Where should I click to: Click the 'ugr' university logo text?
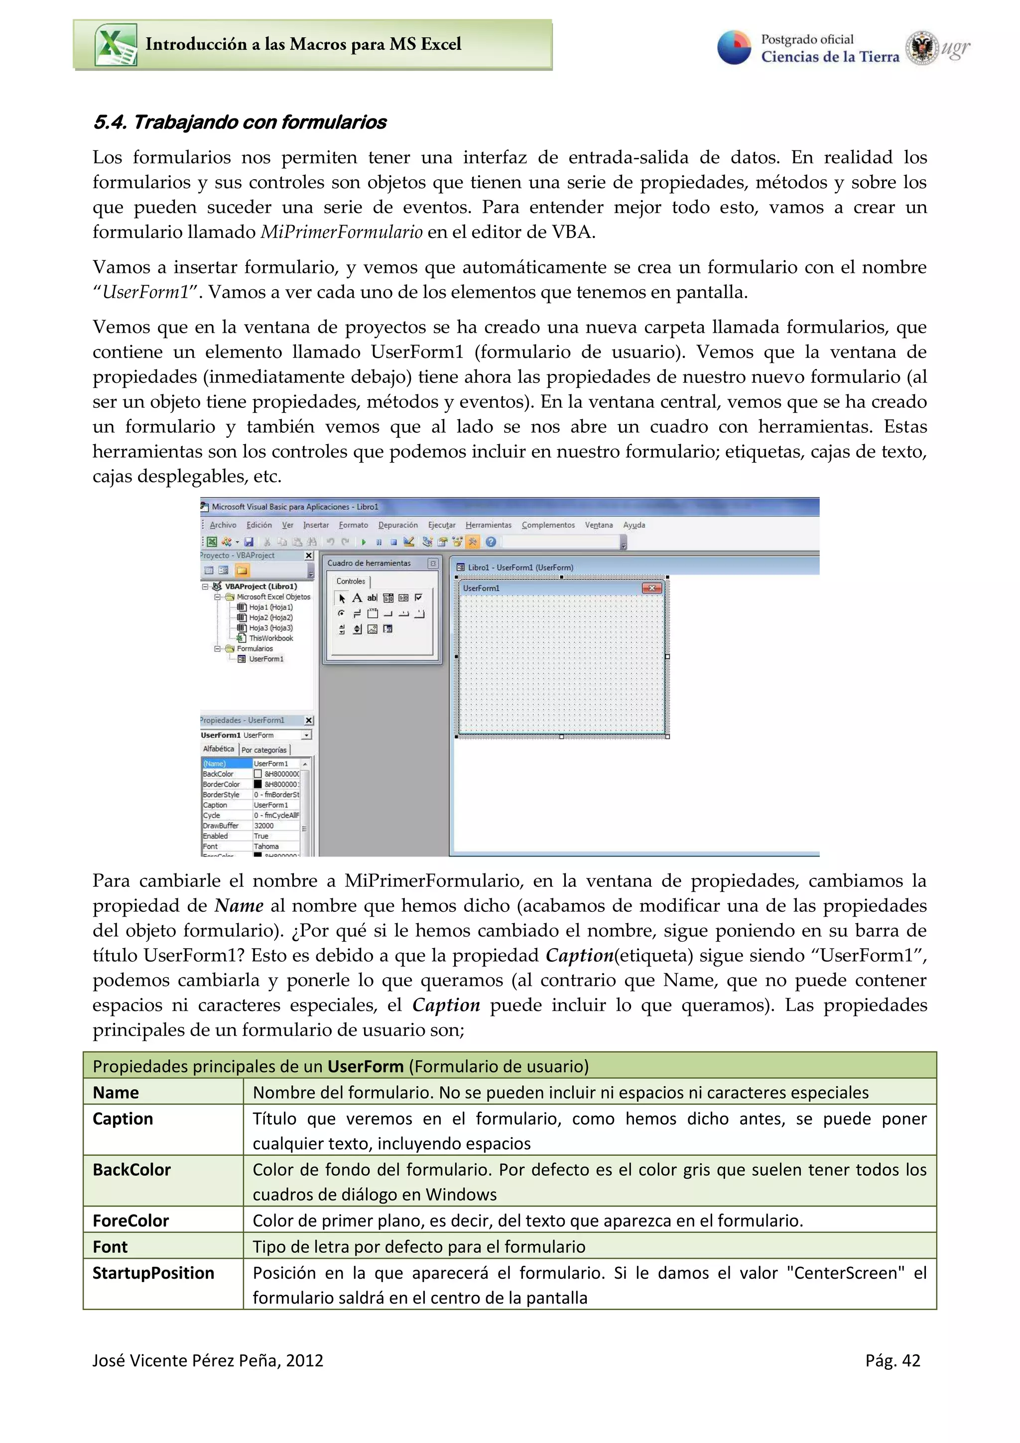coord(956,48)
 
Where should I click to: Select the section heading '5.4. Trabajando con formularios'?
coord(240,122)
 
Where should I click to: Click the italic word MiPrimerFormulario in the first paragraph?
coord(341,232)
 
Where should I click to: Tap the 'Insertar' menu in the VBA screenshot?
coord(315,525)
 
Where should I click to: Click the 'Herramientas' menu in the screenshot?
coord(488,525)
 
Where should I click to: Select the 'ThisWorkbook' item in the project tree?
coord(271,638)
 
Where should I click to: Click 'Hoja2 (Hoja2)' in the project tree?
coord(270,617)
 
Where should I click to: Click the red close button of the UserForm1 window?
coord(652,588)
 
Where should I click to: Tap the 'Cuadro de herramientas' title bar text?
coord(369,563)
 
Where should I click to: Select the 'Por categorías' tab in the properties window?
coord(264,750)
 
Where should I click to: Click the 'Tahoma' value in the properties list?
coord(266,846)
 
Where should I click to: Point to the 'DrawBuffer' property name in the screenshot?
coord(221,825)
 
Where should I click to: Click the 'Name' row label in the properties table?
coord(116,1092)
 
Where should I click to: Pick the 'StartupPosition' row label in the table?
coord(153,1273)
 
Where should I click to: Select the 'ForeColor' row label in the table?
coord(130,1220)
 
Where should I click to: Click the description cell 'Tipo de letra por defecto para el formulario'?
coord(418,1247)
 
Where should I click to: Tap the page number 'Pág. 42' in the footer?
coord(892,1361)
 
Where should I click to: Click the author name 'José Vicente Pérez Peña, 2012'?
coord(207,1361)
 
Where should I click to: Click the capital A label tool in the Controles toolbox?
coord(357,598)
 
